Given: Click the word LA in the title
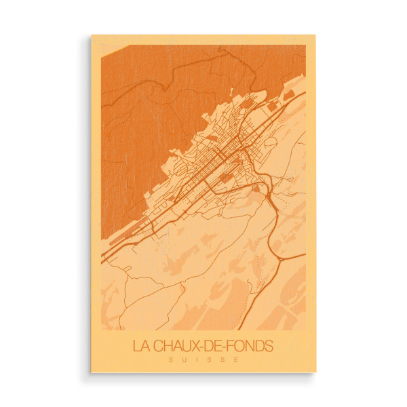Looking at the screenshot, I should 140,346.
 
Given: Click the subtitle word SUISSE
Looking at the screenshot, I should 203,359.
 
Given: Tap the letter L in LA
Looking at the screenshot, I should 136,346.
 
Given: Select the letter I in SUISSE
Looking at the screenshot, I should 196,359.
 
